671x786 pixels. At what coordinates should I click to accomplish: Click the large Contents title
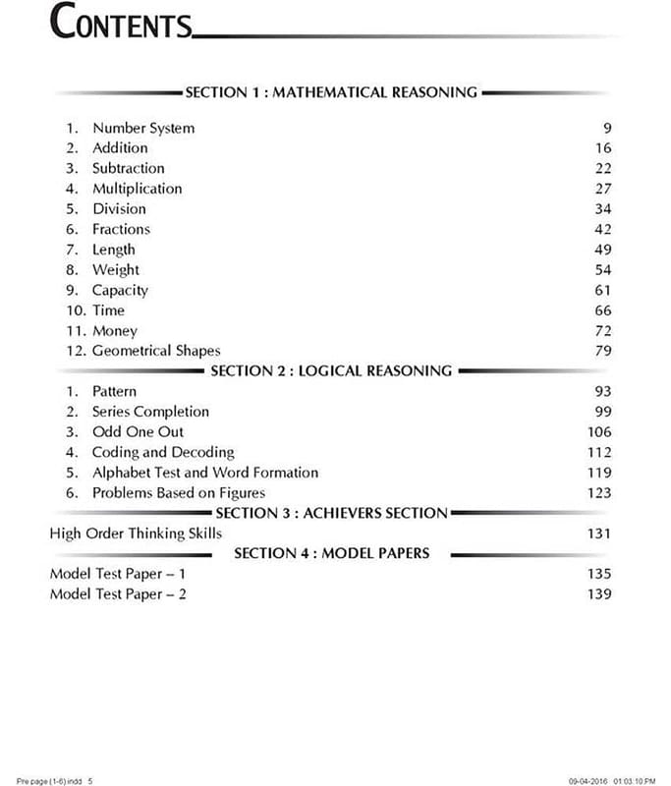[x=120, y=23]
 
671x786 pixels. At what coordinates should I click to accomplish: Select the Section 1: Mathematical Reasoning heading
[x=331, y=92]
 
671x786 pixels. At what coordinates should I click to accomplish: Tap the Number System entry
[x=143, y=128]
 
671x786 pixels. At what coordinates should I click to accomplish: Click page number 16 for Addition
[x=602, y=148]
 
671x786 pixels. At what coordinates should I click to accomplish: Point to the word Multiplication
[x=138, y=189]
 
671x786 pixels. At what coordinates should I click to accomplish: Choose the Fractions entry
[x=122, y=229]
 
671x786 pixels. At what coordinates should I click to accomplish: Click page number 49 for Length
[x=602, y=250]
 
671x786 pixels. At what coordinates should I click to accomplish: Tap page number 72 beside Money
[x=602, y=331]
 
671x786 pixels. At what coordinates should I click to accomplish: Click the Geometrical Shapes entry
[x=156, y=351]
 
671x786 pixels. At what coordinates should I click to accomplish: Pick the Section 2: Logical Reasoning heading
[x=331, y=371]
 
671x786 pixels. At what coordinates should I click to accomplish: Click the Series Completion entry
[x=150, y=412]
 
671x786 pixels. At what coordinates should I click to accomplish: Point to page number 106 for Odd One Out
[x=598, y=432]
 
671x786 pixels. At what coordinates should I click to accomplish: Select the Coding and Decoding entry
[x=163, y=453]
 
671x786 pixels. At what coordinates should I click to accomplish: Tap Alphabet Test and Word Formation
[x=205, y=473]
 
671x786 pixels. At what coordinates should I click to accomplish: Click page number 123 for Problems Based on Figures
[x=598, y=493]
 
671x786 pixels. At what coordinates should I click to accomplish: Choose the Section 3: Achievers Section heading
[x=331, y=513]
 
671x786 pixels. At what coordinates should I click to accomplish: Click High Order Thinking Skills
[x=136, y=533]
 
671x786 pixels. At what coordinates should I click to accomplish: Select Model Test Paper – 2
[x=118, y=594]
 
